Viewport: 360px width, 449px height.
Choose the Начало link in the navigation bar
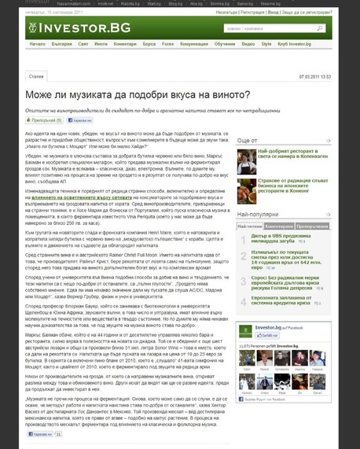tap(38, 46)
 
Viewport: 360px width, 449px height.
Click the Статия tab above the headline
tap(36, 77)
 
